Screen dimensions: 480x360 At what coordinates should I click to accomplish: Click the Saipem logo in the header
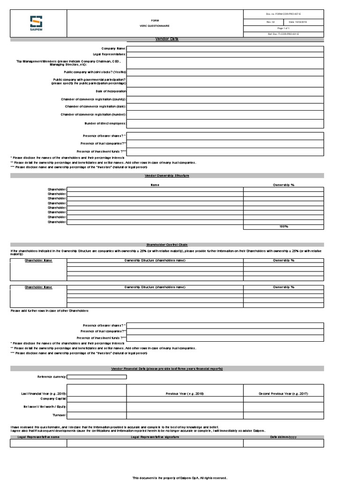36,24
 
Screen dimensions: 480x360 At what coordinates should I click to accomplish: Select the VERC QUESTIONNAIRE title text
154,26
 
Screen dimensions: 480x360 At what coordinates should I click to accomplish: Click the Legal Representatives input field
225,54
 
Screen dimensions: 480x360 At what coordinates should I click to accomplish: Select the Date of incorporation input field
225,91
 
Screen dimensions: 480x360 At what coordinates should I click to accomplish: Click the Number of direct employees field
225,123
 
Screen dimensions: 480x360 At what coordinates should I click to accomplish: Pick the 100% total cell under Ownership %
283,227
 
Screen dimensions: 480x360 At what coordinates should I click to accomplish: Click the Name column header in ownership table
155,185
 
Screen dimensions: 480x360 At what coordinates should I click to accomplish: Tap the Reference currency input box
97,376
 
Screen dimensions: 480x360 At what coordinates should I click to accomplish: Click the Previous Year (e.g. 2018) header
185,393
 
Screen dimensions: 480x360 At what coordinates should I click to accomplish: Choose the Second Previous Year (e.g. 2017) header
283,393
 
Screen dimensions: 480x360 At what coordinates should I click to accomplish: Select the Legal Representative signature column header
155,436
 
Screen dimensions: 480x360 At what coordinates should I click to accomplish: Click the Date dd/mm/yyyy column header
283,436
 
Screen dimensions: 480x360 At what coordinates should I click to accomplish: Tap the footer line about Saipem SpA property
180,478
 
